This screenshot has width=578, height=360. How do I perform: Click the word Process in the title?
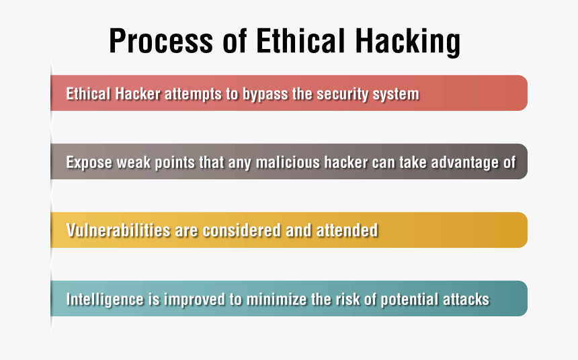(x=161, y=40)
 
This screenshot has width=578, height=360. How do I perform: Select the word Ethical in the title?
(x=300, y=40)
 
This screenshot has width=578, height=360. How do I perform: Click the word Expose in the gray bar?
(x=89, y=163)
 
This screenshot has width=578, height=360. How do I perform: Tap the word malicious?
(x=288, y=162)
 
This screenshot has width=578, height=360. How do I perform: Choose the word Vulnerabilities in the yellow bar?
(x=118, y=230)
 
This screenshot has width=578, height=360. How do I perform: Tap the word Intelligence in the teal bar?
(x=105, y=300)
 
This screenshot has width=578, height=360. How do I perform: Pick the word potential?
(x=409, y=300)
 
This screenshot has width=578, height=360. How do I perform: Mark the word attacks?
(x=466, y=299)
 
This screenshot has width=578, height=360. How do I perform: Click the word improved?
(x=194, y=300)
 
